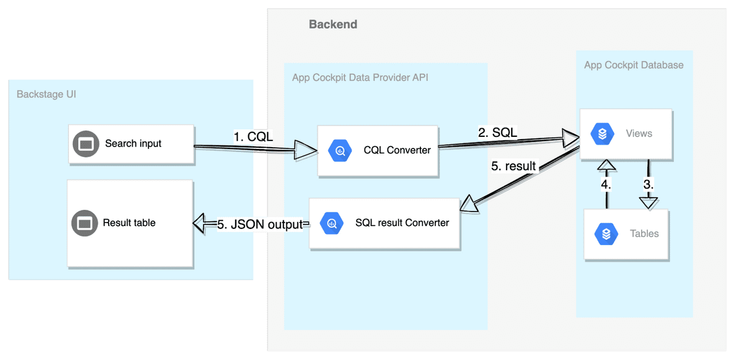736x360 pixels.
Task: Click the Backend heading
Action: (x=333, y=24)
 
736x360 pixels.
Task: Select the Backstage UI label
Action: (x=47, y=94)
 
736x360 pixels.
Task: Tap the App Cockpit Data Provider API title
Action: (x=360, y=78)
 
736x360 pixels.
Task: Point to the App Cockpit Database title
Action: (x=634, y=65)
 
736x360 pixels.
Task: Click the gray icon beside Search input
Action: (x=86, y=144)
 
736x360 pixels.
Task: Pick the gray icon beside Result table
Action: (x=85, y=223)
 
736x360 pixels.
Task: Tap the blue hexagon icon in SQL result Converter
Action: (x=332, y=223)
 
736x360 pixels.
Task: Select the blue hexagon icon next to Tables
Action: (x=606, y=234)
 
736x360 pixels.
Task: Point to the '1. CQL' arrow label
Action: (x=253, y=137)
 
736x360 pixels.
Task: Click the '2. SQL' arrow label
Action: (x=497, y=133)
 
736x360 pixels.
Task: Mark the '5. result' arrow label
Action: (x=513, y=166)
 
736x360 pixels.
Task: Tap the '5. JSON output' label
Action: (x=260, y=225)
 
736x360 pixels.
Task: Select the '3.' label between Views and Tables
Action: (x=649, y=185)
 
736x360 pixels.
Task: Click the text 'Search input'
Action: (x=133, y=144)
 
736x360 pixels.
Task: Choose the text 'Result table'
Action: (x=129, y=223)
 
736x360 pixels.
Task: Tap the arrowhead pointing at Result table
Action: (x=201, y=223)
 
